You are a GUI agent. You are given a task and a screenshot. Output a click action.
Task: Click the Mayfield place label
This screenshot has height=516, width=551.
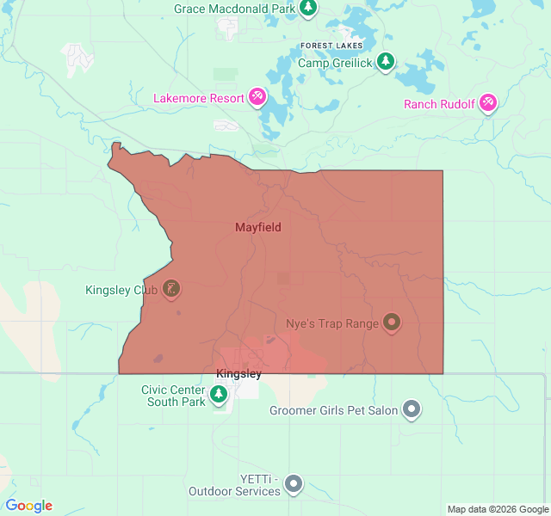pos(258,227)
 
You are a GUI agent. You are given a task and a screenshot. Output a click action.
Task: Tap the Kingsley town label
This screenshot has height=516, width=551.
pos(238,374)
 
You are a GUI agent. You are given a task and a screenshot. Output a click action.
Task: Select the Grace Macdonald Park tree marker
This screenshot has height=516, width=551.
pos(309,9)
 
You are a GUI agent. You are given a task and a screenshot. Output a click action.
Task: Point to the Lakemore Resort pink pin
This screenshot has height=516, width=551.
pos(257,97)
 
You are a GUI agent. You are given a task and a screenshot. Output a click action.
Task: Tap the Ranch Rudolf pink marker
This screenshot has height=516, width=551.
pos(488,103)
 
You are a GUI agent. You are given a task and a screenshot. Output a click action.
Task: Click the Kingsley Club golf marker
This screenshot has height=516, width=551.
pos(171,289)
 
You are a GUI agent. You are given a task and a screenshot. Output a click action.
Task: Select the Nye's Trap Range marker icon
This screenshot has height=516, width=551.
pos(392,322)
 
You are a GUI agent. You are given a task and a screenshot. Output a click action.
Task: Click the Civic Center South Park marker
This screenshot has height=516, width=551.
pos(219,394)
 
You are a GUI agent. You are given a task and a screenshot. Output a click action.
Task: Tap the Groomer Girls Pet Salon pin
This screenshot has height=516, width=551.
pos(412,409)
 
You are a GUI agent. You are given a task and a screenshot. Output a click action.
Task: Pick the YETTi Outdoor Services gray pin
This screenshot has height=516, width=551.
pos(294,484)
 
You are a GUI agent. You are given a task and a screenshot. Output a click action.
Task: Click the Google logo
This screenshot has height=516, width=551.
pos(28,506)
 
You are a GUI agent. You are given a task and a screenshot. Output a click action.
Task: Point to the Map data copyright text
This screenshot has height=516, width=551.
pos(497,509)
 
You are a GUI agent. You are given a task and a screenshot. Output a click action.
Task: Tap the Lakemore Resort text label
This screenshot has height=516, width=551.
pos(199,98)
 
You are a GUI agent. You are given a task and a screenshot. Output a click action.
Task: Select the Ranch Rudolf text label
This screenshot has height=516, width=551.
pos(439,104)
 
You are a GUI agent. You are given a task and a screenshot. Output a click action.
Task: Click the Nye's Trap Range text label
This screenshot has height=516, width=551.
pos(331,324)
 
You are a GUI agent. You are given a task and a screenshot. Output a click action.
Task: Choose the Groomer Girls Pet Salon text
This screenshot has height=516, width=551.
pos(333,410)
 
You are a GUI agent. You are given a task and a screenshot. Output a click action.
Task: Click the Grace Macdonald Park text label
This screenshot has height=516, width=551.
pos(234,9)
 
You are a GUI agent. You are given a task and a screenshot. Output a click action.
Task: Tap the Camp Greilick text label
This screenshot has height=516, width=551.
pos(336,63)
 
